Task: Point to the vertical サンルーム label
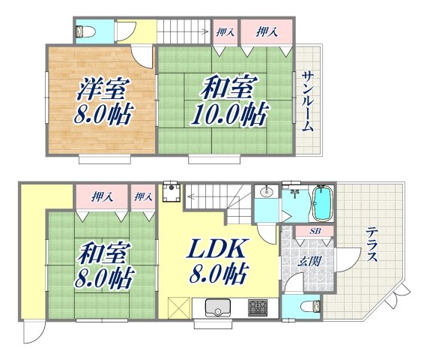pos(308,102)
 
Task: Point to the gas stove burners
pos(258,307)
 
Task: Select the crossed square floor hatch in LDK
pos(178,307)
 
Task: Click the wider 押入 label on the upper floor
pos(265,31)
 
